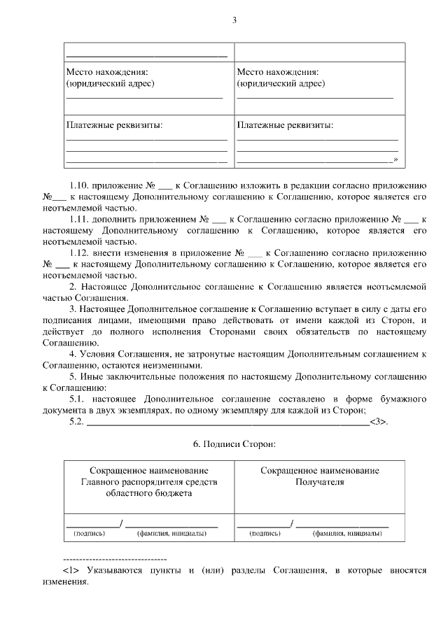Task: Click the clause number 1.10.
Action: pyautogui.click(x=80, y=185)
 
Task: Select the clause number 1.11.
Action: pyautogui.click(x=80, y=219)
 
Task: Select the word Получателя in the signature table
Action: pyautogui.click(x=320, y=482)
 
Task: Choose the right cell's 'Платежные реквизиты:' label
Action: pyautogui.click(x=285, y=125)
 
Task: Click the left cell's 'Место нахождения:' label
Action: pyautogui.click(x=107, y=71)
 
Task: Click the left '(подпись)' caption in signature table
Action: pyautogui.click(x=89, y=533)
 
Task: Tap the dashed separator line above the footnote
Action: pyautogui.click(x=115, y=560)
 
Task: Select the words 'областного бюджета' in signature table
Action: pyautogui.click(x=148, y=493)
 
